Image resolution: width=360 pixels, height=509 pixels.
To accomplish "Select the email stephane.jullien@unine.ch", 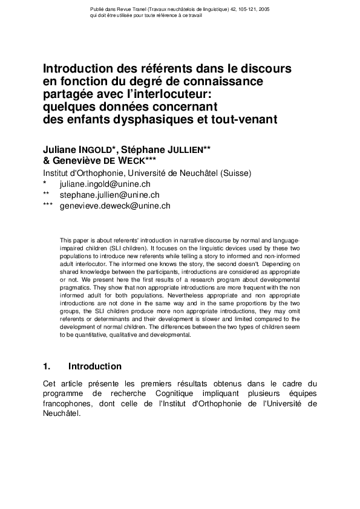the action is [109, 195].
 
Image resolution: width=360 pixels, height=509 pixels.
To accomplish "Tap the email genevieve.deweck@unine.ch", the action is [114, 206].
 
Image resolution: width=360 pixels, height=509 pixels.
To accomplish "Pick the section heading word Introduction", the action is [95, 366].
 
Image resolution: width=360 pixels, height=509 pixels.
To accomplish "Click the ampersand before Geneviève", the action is [47, 160].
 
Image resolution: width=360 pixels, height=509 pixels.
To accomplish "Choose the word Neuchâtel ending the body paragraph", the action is [61, 415].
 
